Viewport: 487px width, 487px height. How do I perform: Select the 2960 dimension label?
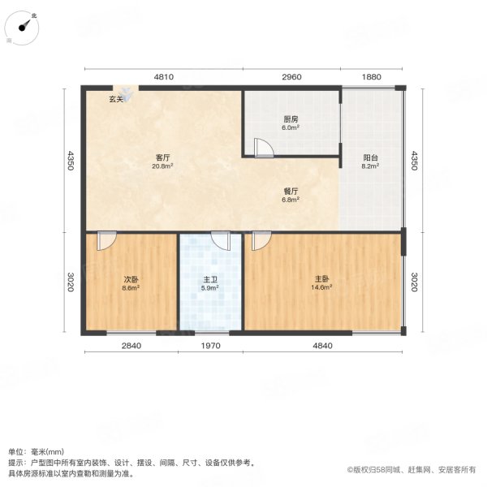pyautogui.click(x=291, y=77)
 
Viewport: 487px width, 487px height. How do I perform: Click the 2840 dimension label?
pyautogui.click(x=131, y=347)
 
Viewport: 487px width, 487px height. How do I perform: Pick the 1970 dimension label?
pyautogui.click(x=211, y=347)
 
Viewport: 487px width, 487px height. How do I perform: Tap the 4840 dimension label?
pyautogui.click(x=322, y=347)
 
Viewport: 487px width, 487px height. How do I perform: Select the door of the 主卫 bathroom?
pyautogui.click(x=220, y=241)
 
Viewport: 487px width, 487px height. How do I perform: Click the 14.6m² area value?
pyautogui.click(x=322, y=287)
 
